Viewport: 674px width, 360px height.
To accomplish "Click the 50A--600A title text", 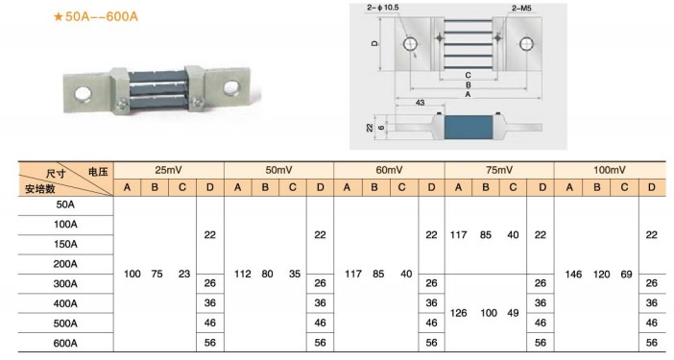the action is pyautogui.click(x=95, y=16).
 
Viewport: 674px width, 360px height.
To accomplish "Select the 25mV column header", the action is pyautogui.click(x=169, y=170).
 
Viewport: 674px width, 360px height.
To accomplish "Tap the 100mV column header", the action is pyautogui.click(x=610, y=170).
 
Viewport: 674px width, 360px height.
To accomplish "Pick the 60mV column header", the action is pyautogui.click(x=389, y=170).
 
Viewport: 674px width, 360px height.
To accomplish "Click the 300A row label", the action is pyautogui.click(x=65, y=284).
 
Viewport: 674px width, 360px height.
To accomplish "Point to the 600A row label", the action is pyautogui.click(x=65, y=344).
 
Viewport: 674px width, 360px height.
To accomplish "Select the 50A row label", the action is pyautogui.click(x=65, y=204).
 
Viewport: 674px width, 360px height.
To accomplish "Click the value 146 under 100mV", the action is pyautogui.click(x=573, y=275).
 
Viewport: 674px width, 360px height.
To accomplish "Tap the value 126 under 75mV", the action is pyautogui.click(x=458, y=313).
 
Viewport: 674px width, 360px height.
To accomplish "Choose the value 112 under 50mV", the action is pyautogui.click(x=243, y=274).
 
